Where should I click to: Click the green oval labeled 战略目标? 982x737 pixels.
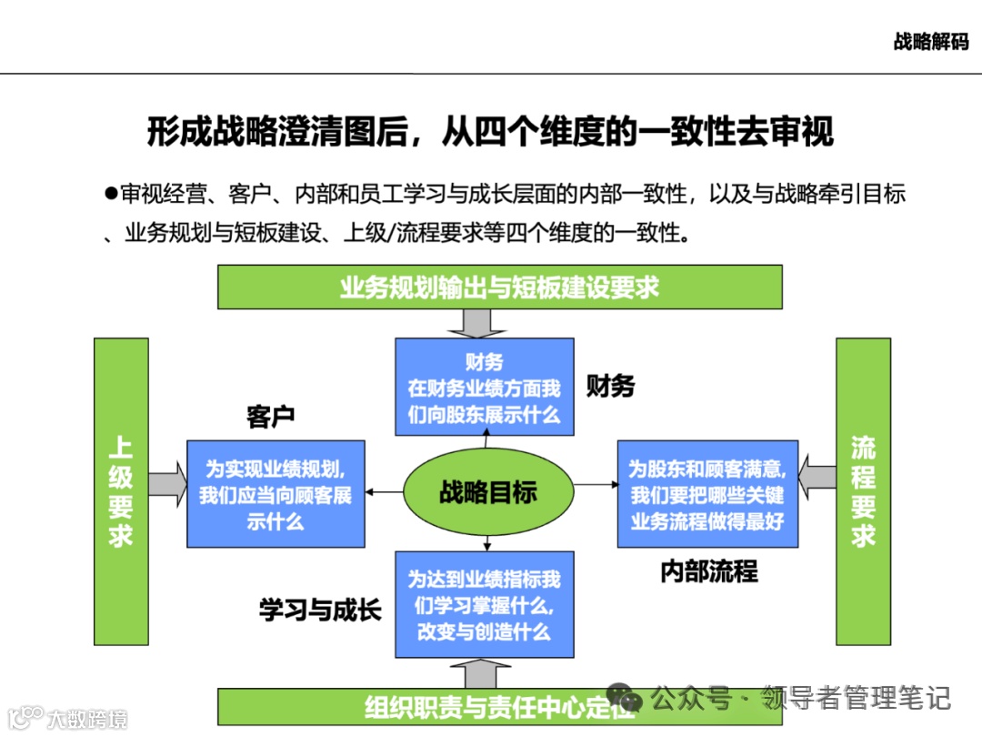[488, 493]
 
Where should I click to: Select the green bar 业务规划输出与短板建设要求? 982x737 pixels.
[499, 288]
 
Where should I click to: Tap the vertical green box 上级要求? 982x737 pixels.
[121, 491]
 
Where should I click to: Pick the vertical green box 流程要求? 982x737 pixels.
[863, 491]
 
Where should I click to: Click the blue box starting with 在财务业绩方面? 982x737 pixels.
[484, 386]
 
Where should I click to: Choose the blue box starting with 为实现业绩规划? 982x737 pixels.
[276, 494]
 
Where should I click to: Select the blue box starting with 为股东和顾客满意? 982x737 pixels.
[707, 494]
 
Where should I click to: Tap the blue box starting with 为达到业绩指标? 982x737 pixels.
[484, 604]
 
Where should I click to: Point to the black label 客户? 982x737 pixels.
[270, 418]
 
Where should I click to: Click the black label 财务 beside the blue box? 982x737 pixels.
[609, 386]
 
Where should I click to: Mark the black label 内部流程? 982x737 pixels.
[708, 571]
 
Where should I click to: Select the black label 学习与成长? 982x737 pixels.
[320, 611]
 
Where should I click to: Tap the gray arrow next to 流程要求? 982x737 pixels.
[817, 475]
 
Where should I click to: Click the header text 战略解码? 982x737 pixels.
[930, 42]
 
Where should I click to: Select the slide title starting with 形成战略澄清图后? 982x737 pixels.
[490, 133]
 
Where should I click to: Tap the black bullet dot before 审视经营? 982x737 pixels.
[111, 193]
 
